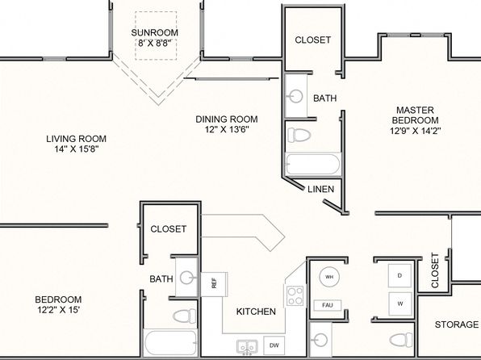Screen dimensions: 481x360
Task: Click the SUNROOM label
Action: click(155, 32)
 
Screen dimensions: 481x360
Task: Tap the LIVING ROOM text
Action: click(77, 139)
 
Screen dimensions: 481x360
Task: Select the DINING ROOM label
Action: click(227, 119)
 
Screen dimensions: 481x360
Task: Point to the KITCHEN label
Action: click(256, 312)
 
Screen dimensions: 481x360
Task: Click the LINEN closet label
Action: click(321, 189)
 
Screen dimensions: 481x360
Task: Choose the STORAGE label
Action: click(457, 324)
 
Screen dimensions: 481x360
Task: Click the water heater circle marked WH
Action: click(329, 277)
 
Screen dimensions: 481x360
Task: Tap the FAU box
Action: click(328, 305)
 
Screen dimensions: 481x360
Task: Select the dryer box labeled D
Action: click(399, 275)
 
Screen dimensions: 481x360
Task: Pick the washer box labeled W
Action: click(400, 303)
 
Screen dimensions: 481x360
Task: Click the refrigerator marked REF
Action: click(214, 284)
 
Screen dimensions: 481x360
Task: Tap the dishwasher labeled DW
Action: click(274, 345)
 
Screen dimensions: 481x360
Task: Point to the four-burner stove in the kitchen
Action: click(295, 296)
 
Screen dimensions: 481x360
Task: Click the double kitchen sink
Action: click(247, 347)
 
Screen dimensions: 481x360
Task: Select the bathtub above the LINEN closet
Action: click(313, 165)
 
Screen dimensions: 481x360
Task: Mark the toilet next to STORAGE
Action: click(401, 340)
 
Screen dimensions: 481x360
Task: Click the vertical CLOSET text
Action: click(435, 270)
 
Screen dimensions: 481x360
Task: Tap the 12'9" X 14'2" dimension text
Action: click(416, 131)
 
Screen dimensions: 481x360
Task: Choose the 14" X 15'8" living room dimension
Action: click(77, 149)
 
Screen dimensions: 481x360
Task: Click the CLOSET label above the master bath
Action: click(313, 40)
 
